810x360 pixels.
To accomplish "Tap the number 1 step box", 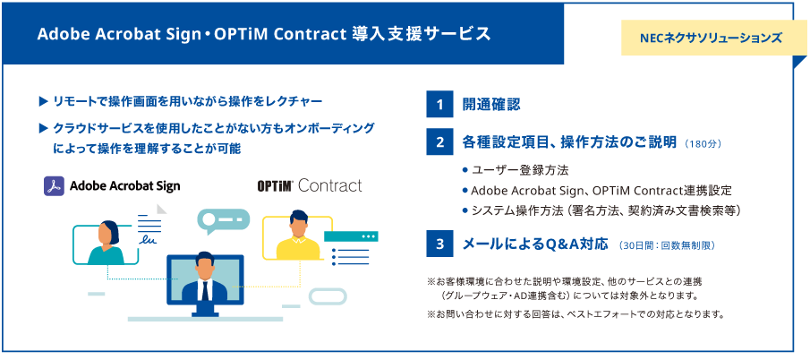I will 439,105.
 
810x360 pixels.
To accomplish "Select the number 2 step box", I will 439,141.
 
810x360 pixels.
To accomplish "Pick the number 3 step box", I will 439,244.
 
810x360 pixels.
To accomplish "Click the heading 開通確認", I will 491,105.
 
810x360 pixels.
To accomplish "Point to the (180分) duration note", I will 702,142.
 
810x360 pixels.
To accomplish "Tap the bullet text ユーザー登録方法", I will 520,169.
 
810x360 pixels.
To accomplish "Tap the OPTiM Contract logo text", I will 309,185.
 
